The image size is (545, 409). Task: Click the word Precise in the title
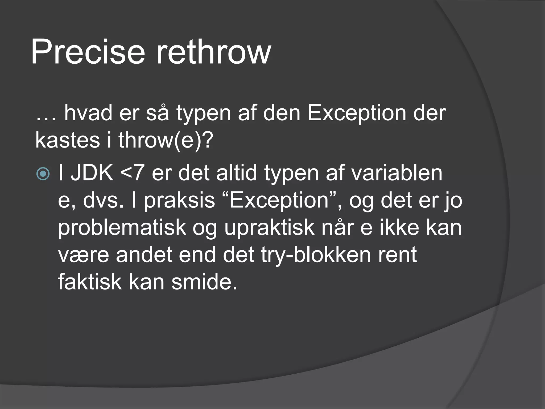(88, 52)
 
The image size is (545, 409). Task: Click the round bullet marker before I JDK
(43, 174)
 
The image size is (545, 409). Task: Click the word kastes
(67, 140)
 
